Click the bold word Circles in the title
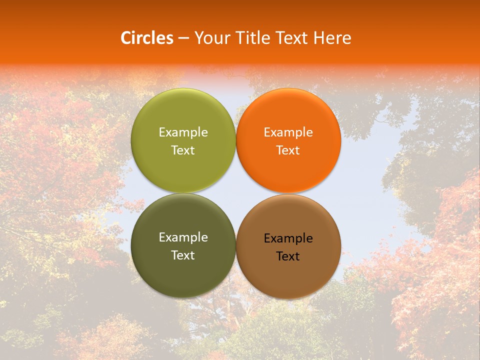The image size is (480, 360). (146, 38)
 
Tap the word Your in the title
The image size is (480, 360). (210, 38)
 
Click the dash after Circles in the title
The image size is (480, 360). (183, 38)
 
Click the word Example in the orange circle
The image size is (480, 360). (288, 132)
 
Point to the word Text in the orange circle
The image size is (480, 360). (288, 150)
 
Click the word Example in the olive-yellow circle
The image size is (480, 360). (183, 132)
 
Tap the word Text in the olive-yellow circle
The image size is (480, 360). (183, 150)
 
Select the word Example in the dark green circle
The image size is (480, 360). (183, 237)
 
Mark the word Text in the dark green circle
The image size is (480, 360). (183, 255)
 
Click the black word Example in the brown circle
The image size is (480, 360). (288, 238)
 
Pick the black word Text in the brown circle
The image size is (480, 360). (288, 256)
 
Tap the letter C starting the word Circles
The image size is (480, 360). (126, 38)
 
